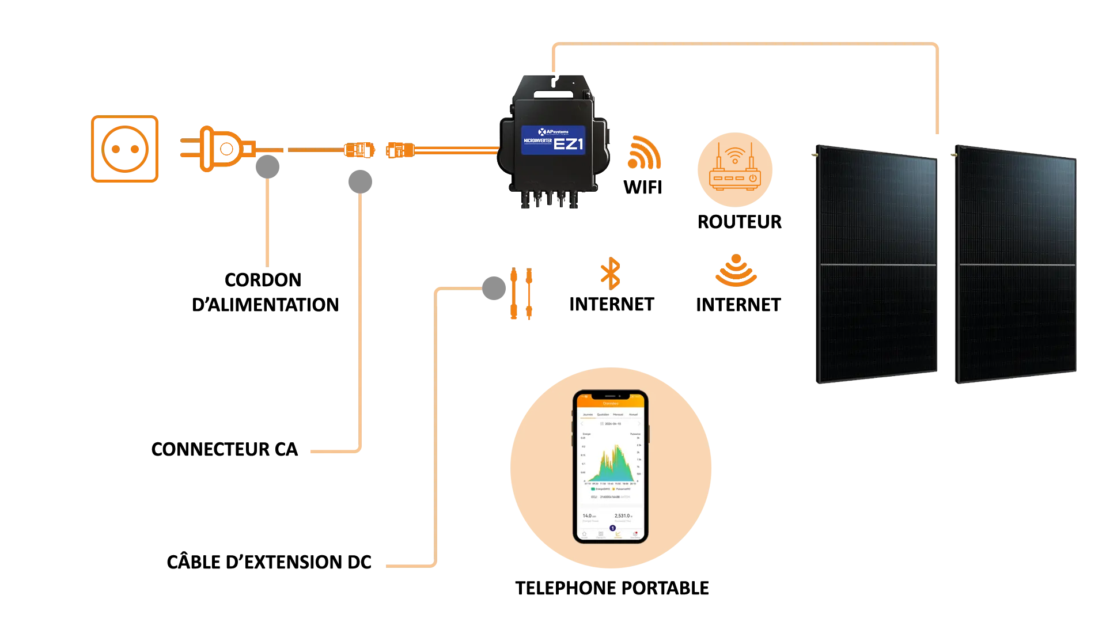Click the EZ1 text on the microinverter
568,142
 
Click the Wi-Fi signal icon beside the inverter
643,153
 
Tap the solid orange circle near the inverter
734,169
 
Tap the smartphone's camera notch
611,397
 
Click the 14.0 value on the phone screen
588,516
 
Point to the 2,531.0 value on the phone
623,516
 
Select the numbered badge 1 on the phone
612,528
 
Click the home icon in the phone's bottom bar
584,534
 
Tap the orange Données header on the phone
611,404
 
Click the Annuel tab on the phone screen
633,415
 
